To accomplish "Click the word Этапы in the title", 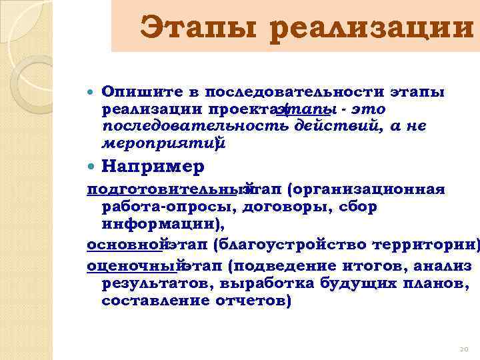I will [x=198, y=29].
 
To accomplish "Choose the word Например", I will [x=153, y=165].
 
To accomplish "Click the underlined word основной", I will [x=125, y=245].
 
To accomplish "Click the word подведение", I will [x=283, y=267].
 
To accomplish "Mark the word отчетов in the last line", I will [x=253, y=301].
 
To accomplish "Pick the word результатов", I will [x=161, y=284].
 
